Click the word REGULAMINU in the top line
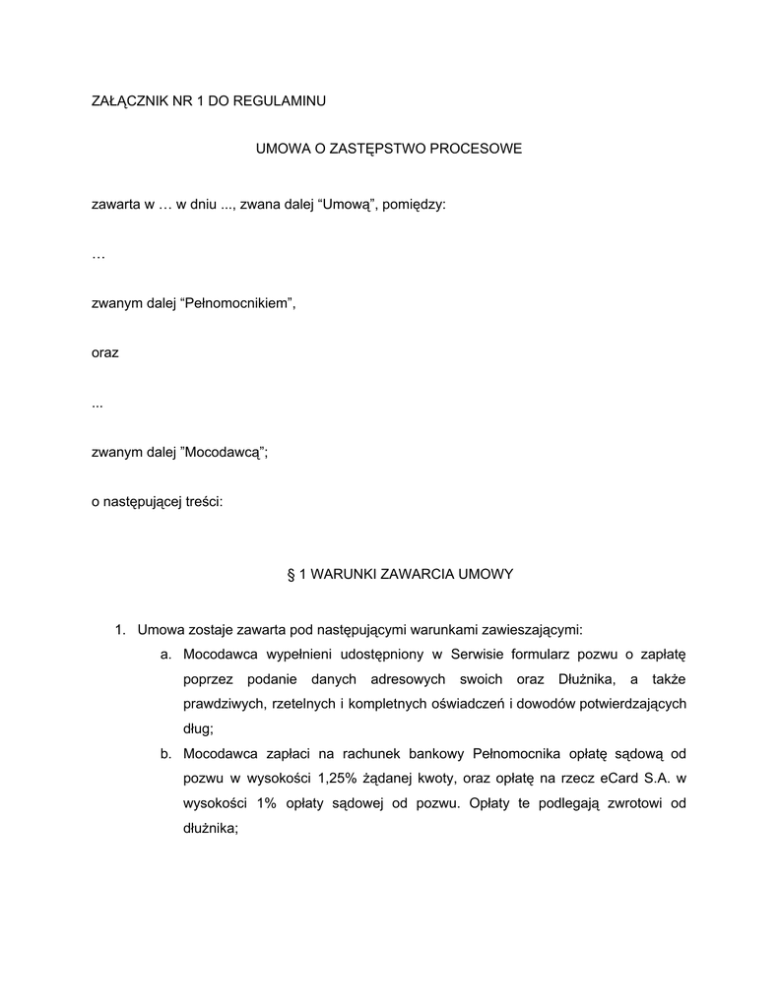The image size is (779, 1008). [279, 100]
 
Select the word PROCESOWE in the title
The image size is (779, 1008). [477, 150]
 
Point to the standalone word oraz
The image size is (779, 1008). [104, 352]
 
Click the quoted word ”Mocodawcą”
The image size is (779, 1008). [225, 453]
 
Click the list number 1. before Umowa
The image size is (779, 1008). [121, 628]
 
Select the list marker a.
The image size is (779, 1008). [166, 654]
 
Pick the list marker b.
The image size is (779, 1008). [166, 754]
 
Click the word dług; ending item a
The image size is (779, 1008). [198, 729]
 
